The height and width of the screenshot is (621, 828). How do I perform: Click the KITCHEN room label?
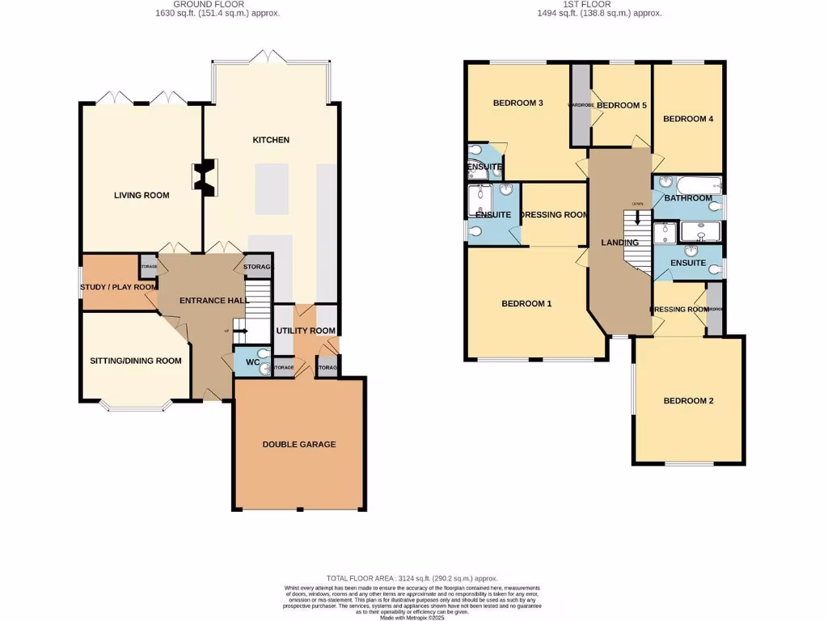[x=271, y=140]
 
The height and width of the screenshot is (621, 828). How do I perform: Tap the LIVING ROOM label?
[x=141, y=195]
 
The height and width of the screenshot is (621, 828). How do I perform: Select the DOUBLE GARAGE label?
[x=298, y=444]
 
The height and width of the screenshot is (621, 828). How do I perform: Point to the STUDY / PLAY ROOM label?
[x=118, y=287]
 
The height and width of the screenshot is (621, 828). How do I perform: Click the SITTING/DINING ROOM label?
[x=135, y=361]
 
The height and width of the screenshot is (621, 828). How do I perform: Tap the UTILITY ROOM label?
[x=306, y=331]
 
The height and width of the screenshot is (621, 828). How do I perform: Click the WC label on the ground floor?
[x=251, y=362]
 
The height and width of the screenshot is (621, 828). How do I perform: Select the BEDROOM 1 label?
[x=526, y=304]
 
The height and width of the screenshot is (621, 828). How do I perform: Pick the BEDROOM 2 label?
[x=688, y=401]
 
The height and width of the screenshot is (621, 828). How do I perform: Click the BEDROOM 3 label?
[x=517, y=103]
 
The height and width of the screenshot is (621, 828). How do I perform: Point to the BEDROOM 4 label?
[x=688, y=119]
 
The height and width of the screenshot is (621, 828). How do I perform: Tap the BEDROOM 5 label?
[x=622, y=105]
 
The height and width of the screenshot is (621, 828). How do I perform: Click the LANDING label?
[x=620, y=243]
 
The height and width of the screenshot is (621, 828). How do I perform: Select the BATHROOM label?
[x=688, y=198]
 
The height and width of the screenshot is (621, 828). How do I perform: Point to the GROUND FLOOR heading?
[x=217, y=4]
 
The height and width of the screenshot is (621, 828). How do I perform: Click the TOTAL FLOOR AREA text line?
[x=412, y=579]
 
